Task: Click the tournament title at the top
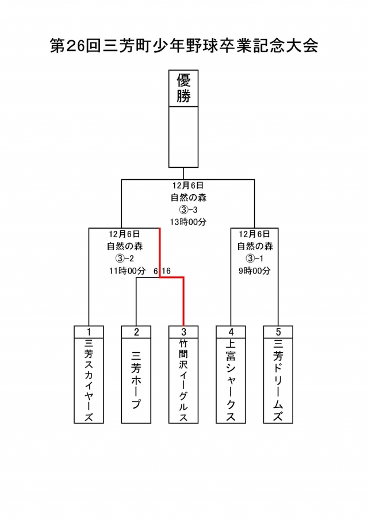pos(184,46)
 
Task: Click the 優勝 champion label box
pos(183,88)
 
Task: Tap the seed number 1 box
pos(89,332)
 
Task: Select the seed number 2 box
pos(136,332)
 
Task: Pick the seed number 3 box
pos(183,332)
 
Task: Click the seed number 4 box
pos(231,332)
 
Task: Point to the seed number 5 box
pos(278,332)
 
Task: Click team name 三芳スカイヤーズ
pos(89,380)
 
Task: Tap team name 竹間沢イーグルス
pos(183,380)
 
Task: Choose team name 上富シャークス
pos(231,380)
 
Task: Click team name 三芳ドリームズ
pos(278,380)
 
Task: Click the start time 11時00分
pos(125,270)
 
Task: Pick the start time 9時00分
pos(255,270)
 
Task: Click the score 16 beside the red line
pos(167,271)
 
